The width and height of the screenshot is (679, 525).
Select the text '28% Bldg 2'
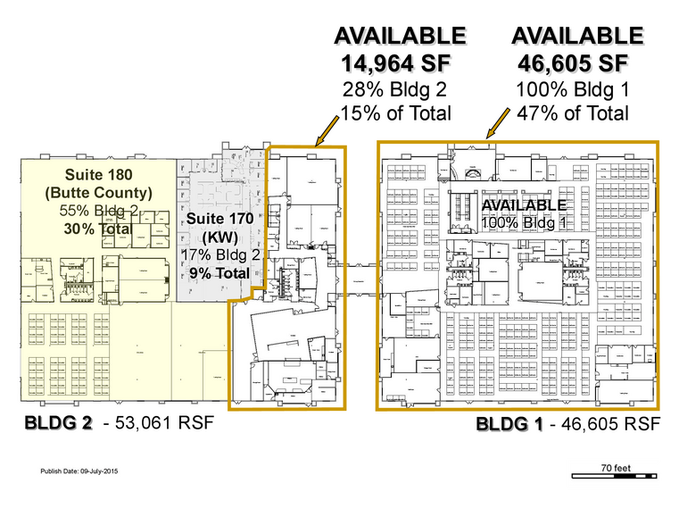point(399,89)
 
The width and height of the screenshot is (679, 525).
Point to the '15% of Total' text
point(399,113)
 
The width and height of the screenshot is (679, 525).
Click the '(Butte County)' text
point(98,192)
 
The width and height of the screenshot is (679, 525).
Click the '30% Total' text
point(98,229)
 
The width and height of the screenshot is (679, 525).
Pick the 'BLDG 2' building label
point(60,422)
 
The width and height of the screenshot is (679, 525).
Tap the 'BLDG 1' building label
point(509,422)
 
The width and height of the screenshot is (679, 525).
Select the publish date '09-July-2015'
point(99,471)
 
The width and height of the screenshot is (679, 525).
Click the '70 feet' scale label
point(615,466)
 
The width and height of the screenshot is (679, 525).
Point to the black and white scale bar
point(615,476)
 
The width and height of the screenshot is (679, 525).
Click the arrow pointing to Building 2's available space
point(328,132)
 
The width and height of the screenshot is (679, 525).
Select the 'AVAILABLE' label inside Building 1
point(524,204)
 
